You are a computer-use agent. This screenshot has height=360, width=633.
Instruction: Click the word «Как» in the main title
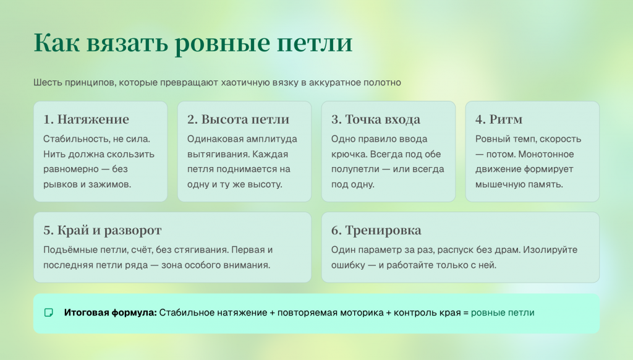[56, 43]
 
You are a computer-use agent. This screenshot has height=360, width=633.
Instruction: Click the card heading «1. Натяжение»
[86, 119]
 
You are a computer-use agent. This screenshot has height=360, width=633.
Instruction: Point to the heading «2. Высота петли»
[238, 119]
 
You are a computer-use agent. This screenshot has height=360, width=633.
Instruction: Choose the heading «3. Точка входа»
[375, 119]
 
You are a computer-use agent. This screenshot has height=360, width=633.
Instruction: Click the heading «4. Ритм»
[499, 119]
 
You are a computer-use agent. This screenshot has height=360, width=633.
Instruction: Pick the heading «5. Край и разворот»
[103, 230]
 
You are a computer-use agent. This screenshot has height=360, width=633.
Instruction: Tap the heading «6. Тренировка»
[376, 230]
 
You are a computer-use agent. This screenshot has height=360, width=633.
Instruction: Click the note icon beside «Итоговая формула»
[48, 313]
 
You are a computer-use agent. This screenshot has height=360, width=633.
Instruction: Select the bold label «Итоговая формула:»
[110, 313]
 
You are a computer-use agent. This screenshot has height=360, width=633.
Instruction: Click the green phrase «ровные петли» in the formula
[503, 313]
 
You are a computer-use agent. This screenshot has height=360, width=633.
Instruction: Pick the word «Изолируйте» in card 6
[550, 250]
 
